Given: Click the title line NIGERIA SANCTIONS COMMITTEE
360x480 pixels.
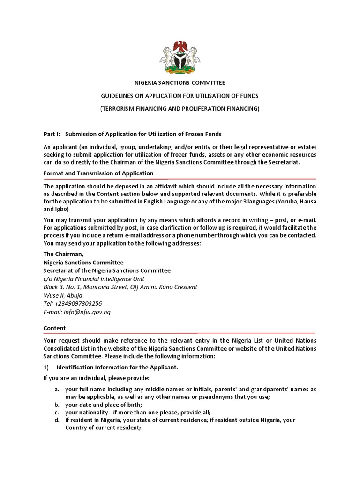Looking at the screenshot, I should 180,83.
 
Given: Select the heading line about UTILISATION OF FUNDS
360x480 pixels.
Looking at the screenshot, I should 180,96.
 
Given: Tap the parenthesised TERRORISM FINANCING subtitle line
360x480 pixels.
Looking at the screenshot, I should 180,108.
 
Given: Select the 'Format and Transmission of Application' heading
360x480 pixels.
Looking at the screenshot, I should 98,173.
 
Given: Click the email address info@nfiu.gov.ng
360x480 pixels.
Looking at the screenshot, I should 77,312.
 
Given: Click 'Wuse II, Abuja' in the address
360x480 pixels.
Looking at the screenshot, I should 63,295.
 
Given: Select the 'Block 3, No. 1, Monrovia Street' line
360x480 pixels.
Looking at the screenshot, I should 120,287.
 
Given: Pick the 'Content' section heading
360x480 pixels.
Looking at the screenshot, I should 55,328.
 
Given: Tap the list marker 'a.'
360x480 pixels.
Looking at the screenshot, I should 57,390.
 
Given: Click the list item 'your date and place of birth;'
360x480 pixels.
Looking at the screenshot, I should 104,405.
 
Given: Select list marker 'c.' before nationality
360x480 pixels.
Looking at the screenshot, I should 57,412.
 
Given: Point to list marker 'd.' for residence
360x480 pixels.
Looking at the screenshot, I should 57,420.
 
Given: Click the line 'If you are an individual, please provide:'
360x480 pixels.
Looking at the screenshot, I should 97,378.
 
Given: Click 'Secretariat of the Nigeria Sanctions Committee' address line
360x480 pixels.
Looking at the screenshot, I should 107,270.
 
